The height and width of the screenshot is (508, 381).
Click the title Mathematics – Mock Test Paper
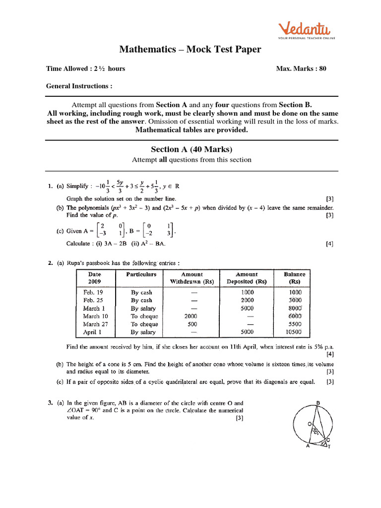click(190, 49)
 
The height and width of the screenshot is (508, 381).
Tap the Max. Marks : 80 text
click(301, 68)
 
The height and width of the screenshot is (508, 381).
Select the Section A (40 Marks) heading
click(191, 149)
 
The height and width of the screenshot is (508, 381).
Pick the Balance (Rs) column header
click(294, 278)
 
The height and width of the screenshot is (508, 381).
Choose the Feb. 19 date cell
click(93, 292)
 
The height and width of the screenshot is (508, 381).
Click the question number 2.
click(50, 263)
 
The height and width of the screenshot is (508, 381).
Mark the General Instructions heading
click(79, 86)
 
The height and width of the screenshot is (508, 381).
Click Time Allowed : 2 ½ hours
click(85, 68)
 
